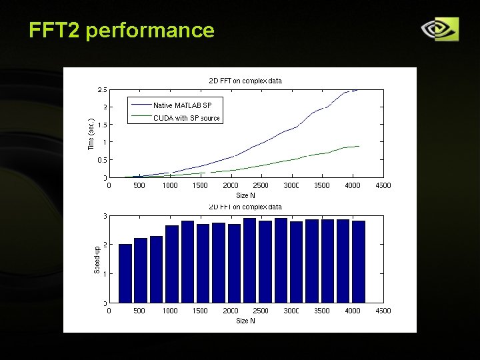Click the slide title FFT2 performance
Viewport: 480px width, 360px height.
(121, 30)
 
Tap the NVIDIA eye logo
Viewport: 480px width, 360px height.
(439, 29)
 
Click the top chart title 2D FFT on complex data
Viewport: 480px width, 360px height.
(245, 81)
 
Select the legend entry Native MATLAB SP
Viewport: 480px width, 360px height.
(182, 105)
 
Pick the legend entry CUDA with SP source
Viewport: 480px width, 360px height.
(186, 118)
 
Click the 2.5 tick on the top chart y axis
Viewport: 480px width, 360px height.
(101, 89)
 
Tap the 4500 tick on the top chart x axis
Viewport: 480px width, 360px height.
(383, 186)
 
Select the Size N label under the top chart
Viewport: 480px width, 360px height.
(245, 195)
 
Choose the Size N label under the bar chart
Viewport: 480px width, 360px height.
(245, 321)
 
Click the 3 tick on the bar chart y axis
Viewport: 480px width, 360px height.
(104, 215)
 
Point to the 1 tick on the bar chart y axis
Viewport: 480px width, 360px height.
(104, 274)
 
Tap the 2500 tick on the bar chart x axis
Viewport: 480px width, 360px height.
(261, 311)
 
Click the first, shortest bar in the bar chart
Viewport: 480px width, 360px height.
(125, 273)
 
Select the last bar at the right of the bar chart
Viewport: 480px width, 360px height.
(359, 261)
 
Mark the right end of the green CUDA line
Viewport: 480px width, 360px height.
(359, 146)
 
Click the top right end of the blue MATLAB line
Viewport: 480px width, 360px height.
(357, 89)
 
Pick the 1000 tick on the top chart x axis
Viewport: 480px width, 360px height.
(169, 186)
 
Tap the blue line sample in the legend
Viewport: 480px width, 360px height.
(141, 105)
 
